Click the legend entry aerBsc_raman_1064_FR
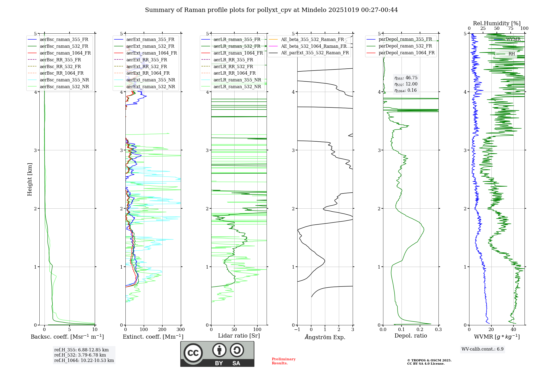(x=65, y=53)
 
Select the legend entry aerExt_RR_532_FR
(x=147, y=66)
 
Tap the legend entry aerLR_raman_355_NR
(x=237, y=80)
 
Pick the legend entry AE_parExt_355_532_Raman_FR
(x=315, y=53)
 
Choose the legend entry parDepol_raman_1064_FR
(x=406, y=53)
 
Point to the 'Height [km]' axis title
(x=30, y=179)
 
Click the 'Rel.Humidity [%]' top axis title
(x=497, y=23)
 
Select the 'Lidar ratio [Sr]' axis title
(x=239, y=336)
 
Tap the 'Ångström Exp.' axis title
(x=325, y=337)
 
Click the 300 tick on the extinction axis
(x=181, y=330)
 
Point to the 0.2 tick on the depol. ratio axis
(x=420, y=330)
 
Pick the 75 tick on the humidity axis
(x=511, y=28)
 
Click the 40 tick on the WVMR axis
(x=513, y=330)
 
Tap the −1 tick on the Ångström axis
(x=297, y=330)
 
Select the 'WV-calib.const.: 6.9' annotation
(x=482, y=349)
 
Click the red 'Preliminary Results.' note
(x=283, y=361)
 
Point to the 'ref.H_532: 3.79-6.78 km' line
(x=80, y=355)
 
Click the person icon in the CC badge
(x=219, y=350)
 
